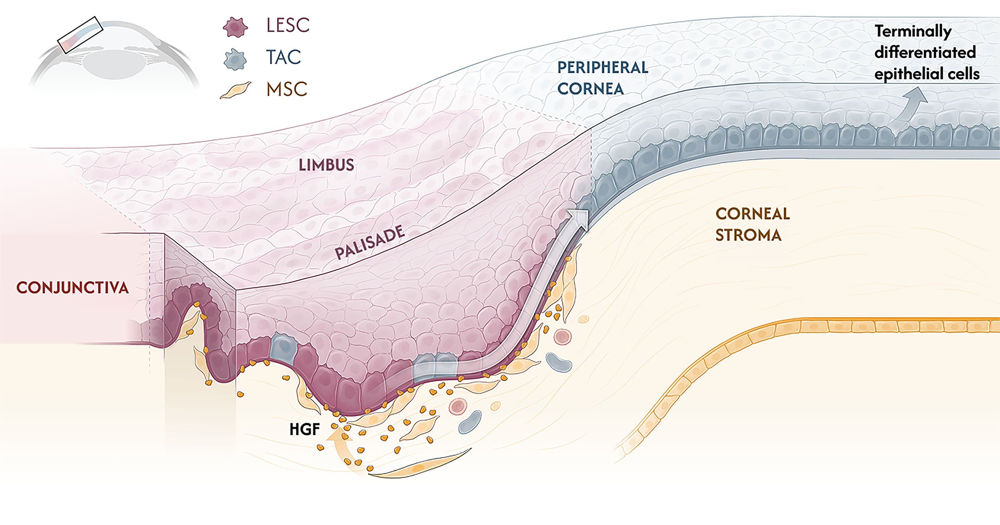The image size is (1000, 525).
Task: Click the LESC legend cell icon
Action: (235, 27)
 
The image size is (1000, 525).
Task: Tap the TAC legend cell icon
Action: (235, 59)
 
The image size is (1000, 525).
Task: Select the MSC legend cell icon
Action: (235, 90)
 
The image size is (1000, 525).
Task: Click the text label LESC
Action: (288, 25)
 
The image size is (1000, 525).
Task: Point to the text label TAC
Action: (283, 57)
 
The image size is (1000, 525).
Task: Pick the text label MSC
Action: (287, 89)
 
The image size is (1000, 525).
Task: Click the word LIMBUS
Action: (326, 165)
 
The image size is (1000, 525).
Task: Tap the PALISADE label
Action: (370, 242)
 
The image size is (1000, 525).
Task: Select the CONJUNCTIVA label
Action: (72, 288)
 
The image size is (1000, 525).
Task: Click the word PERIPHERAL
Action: (602, 68)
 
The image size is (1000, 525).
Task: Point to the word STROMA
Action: (748, 235)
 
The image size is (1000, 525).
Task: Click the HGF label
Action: (305, 429)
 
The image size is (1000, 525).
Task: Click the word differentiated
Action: (925, 53)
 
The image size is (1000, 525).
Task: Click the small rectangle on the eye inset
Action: (80, 35)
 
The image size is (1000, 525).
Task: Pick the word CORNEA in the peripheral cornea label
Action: (590, 89)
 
